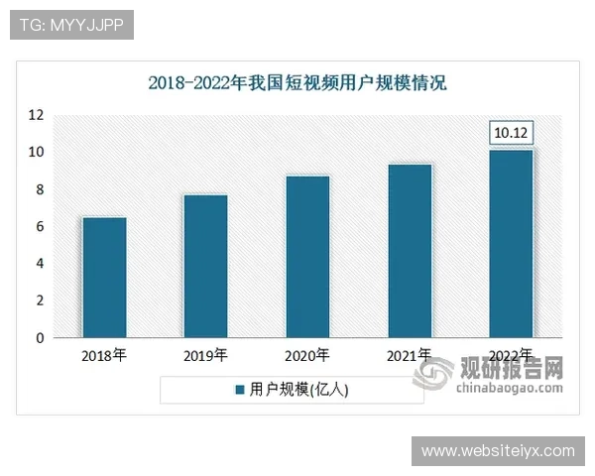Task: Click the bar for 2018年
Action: (103, 278)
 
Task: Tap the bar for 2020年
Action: (307, 257)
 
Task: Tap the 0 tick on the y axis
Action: (40, 338)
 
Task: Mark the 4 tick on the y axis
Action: (40, 264)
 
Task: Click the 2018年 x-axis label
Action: (103, 355)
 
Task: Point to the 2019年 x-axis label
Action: (205, 355)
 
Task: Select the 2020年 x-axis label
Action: (307, 355)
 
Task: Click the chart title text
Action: (297, 83)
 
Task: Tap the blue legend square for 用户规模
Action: (239, 390)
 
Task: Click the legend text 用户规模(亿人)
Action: (298, 390)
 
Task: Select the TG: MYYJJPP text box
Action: (70, 25)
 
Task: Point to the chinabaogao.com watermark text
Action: (510, 388)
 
